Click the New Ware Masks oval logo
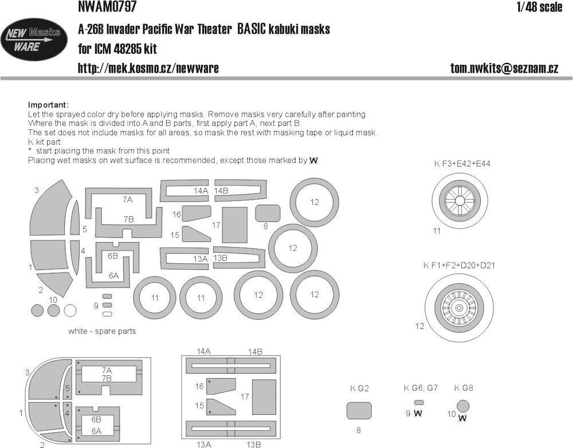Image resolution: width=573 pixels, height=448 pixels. coord(34,39)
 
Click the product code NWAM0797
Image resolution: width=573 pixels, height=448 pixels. coord(107,6)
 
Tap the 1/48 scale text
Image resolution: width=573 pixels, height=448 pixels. coord(539,7)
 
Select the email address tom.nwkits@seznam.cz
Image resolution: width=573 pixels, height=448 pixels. coord(504,68)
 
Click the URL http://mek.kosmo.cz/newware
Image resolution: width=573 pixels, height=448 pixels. coord(148,68)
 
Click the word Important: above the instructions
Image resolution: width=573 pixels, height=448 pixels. coord(48,105)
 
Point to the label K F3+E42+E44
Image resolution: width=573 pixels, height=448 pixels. coord(462,164)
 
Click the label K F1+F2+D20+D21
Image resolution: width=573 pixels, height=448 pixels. coord(459,265)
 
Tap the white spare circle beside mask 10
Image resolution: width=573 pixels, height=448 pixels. coord(70,311)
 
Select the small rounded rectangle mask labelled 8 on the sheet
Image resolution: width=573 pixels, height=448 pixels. coord(268,213)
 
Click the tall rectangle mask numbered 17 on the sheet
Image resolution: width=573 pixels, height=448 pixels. coord(234,225)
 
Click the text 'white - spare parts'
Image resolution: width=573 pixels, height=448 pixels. coord(102,331)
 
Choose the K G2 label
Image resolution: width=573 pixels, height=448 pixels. coord(360,388)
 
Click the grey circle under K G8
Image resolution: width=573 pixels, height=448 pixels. coord(463,406)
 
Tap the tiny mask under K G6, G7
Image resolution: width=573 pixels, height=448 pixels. coord(419,403)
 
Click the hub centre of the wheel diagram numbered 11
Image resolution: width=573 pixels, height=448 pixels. coord(460,201)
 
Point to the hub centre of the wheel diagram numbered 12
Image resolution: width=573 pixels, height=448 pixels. coord(459,308)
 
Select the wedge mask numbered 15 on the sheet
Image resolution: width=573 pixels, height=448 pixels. coord(197,235)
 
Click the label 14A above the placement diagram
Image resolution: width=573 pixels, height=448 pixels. coord(203,352)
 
